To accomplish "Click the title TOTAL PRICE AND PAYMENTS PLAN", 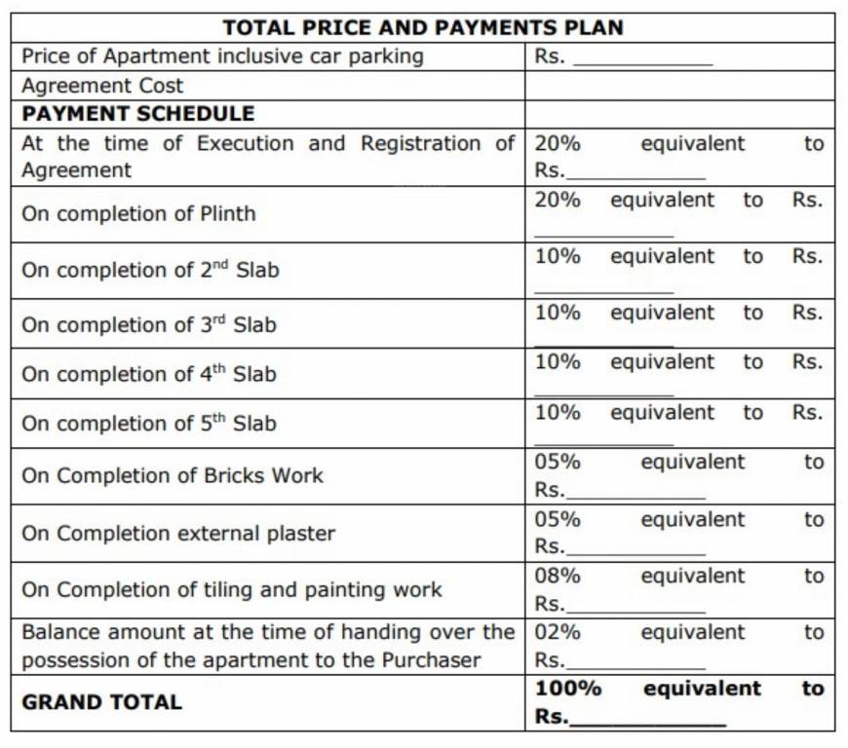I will (x=423, y=27).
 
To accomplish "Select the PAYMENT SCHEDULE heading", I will (x=137, y=114).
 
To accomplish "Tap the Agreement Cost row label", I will (x=102, y=86).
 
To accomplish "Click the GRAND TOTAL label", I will (x=101, y=702).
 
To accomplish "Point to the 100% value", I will (x=567, y=689).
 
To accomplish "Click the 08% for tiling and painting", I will (x=558, y=576).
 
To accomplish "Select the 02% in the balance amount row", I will (x=558, y=632).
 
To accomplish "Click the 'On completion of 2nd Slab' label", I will (x=150, y=270).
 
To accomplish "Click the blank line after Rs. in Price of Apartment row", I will (x=643, y=60).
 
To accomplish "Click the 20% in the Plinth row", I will (x=558, y=200).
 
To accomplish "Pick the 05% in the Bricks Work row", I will (x=558, y=462).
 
